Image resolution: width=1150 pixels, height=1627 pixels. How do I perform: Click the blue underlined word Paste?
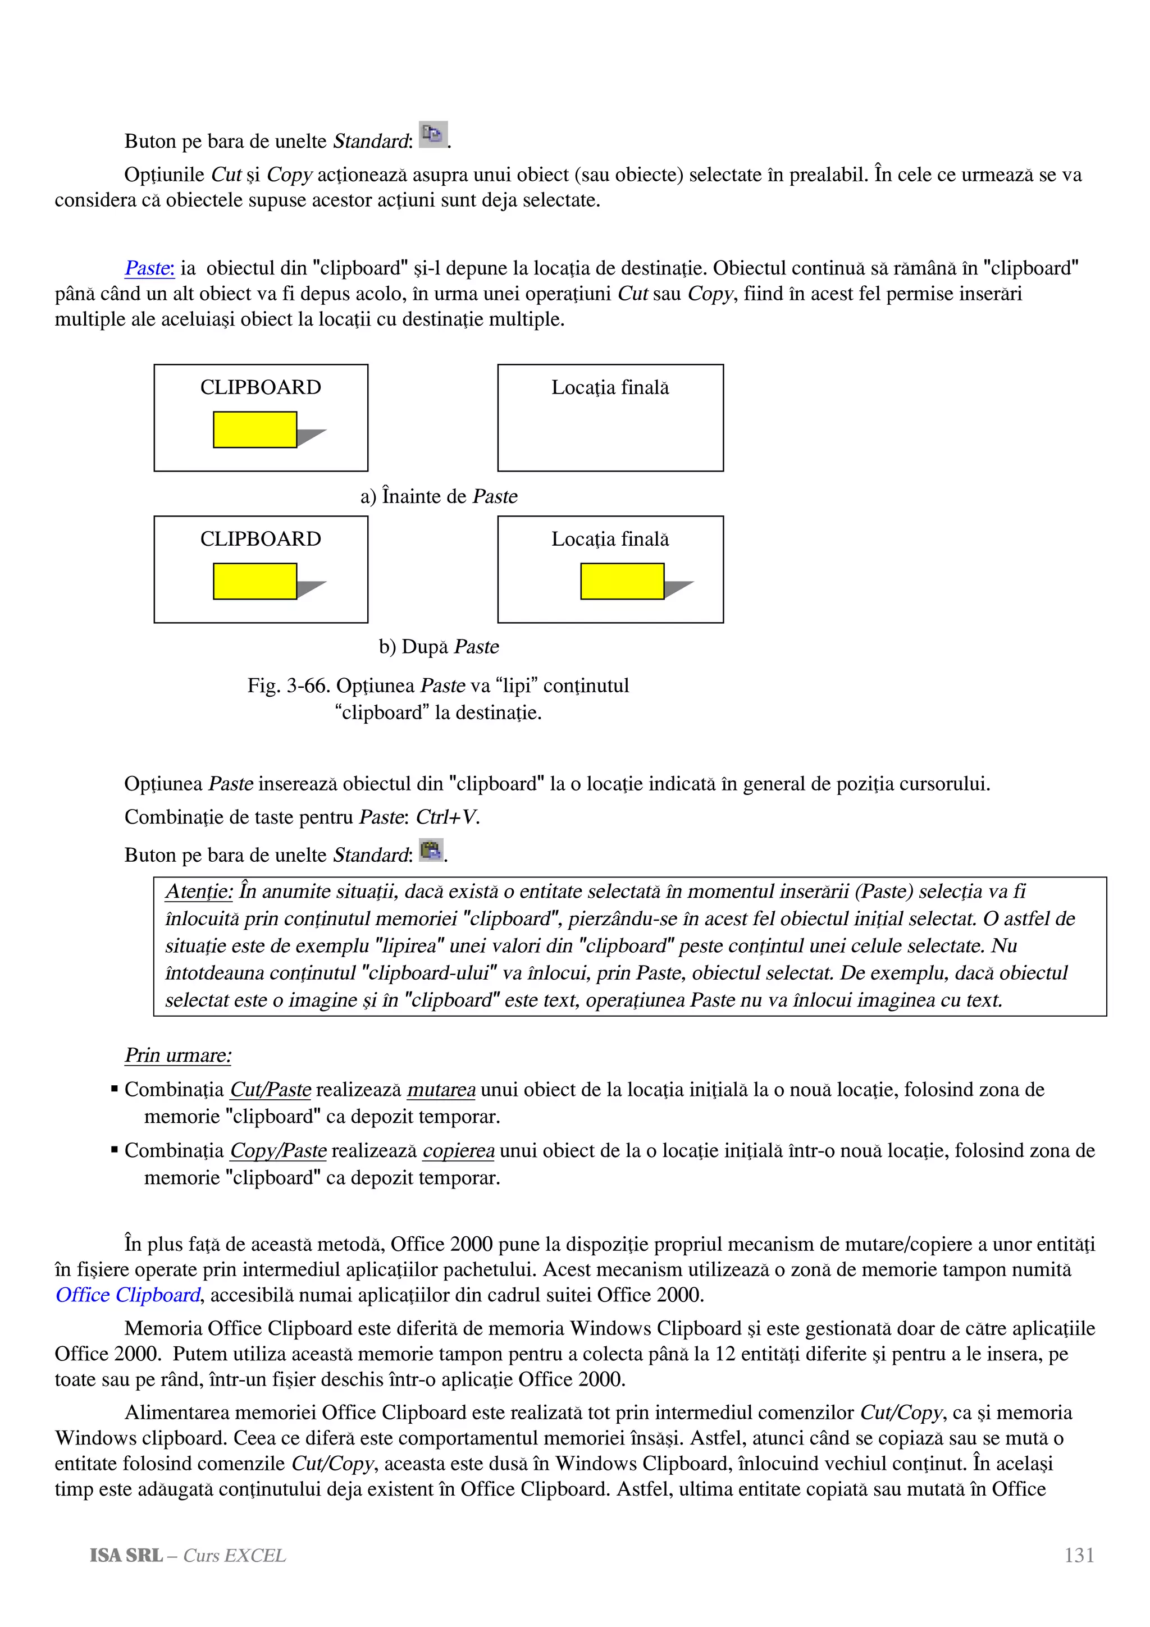[x=149, y=268]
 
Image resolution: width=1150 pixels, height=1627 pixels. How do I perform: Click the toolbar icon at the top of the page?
[x=432, y=134]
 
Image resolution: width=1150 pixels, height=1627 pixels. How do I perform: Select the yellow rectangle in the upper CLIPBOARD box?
[x=254, y=429]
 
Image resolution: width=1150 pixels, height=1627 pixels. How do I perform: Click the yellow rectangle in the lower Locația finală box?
[x=622, y=581]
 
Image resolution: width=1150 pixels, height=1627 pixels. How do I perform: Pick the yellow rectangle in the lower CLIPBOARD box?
[x=254, y=581]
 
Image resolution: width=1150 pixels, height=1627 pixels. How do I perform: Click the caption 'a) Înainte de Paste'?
[x=439, y=496]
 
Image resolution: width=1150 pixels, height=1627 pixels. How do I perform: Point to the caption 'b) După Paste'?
[x=439, y=647]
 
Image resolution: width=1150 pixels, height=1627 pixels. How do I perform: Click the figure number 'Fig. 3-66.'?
[x=289, y=686]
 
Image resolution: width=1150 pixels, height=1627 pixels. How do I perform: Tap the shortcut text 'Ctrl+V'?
[x=446, y=817]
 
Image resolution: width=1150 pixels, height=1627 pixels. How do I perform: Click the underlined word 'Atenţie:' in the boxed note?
[x=199, y=892]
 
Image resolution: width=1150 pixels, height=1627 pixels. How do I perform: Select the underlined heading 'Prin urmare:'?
[x=178, y=1055]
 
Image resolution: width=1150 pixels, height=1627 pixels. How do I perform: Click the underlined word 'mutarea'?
[x=441, y=1090]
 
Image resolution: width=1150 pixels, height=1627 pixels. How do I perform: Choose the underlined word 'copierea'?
[x=458, y=1151]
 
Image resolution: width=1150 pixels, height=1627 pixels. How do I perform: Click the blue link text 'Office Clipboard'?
[x=128, y=1295]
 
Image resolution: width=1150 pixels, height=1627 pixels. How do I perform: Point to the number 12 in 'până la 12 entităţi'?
[x=725, y=1354]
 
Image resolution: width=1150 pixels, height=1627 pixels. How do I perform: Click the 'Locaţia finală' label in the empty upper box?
[x=610, y=387]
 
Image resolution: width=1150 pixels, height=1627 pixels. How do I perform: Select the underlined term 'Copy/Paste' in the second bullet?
[x=279, y=1151]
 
